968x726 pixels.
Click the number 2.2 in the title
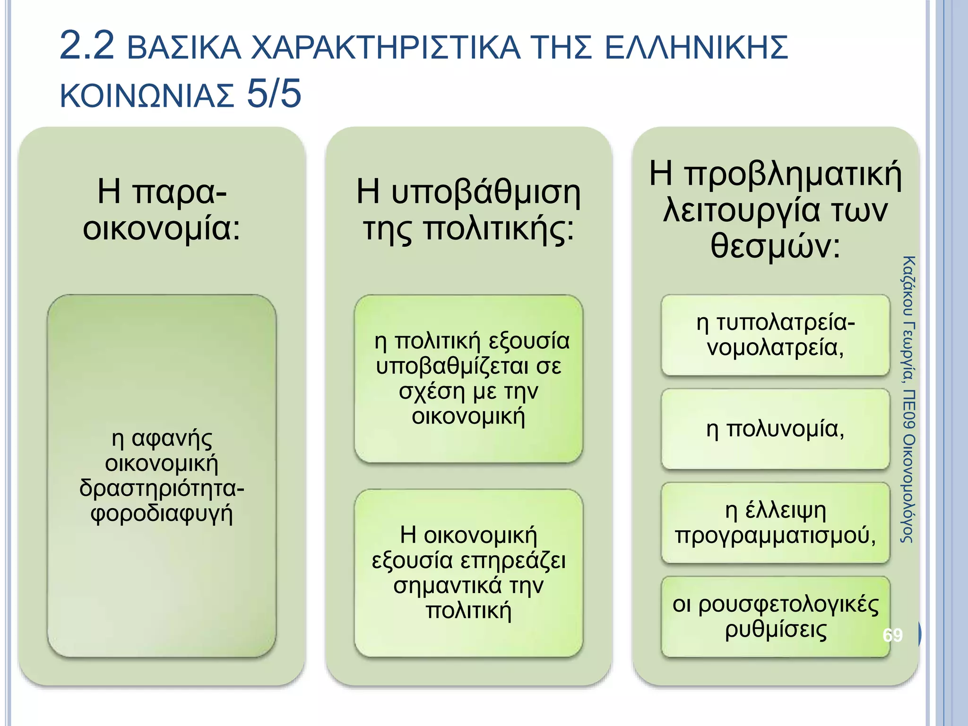pyautogui.click(x=87, y=46)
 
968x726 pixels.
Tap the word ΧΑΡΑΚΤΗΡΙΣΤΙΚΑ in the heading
pyautogui.click(x=385, y=48)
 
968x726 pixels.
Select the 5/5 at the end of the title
pyautogui.click(x=274, y=93)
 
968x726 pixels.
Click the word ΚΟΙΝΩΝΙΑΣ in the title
pyautogui.click(x=147, y=95)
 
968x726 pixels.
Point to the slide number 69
pyautogui.click(x=892, y=635)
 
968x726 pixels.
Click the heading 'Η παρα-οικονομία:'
pyautogui.click(x=162, y=210)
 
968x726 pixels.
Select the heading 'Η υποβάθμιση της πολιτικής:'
pyautogui.click(x=468, y=210)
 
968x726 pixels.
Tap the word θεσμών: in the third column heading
pyautogui.click(x=776, y=246)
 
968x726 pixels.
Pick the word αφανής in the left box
pyautogui.click(x=173, y=438)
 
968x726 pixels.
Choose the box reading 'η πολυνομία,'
pyautogui.click(x=775, y=429)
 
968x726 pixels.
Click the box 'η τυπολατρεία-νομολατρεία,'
pyautogui.click(x=775, y=335)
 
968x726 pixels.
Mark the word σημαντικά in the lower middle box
pyautogui.click(x=448, y=586)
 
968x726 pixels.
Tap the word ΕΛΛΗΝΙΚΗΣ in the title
pyautogui.click(x=696, y=48)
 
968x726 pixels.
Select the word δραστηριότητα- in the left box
pyautogui.click(x=162, y=488)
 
